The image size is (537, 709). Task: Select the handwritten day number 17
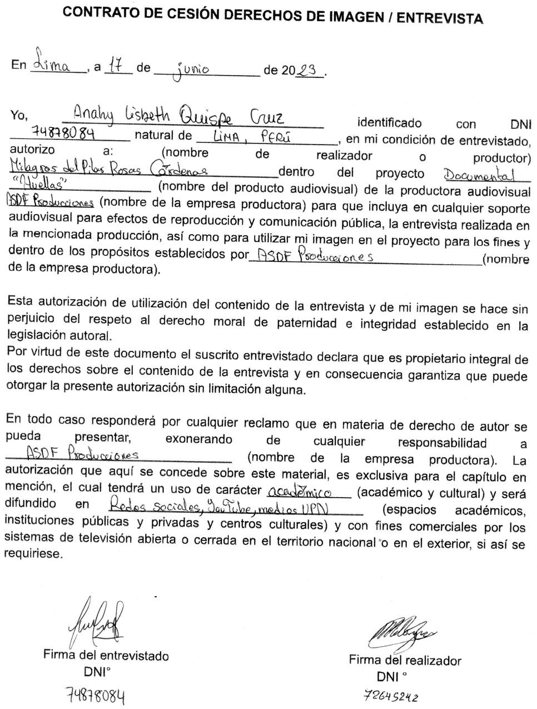(116, 66)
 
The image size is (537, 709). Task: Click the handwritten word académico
(299, 492)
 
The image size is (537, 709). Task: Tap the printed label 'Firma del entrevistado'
(106, 655)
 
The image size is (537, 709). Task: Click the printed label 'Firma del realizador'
(405, 661)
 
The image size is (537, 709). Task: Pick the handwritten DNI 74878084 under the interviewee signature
(95, 695)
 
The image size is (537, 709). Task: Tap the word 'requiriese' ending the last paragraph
(34, 554)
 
